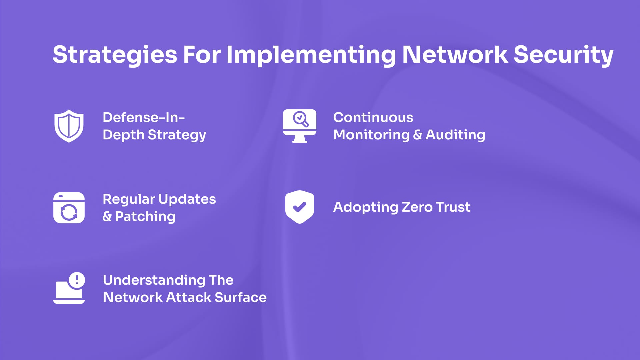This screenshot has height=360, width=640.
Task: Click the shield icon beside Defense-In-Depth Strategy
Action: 69,126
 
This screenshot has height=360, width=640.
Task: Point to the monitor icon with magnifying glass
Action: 299,126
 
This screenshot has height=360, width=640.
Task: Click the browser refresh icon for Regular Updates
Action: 69,208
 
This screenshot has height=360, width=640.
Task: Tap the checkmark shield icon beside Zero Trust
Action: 299,207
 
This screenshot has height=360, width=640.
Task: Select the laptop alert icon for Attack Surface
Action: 69,288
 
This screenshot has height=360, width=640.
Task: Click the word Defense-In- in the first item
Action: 144,117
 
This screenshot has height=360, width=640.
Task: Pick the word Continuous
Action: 373,117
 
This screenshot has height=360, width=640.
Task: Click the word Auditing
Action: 455,135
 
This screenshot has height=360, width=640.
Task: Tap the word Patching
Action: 145,217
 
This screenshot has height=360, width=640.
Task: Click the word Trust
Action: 453,207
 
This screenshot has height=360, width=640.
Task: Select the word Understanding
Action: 154,280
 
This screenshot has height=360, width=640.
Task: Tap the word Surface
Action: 241,297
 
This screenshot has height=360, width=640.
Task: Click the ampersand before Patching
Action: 107,217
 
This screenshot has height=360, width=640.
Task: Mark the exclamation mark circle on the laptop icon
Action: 77,280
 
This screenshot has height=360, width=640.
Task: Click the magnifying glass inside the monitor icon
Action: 300,119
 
